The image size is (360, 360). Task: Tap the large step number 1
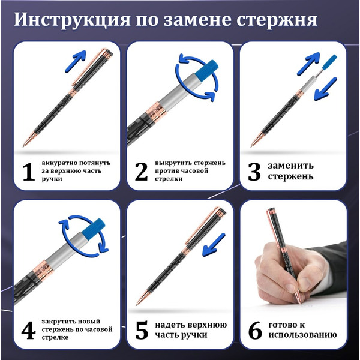click(x=28, y=172)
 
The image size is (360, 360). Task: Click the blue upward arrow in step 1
click(x=75, y=61)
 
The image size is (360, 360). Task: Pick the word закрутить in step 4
click(x=61, y=322)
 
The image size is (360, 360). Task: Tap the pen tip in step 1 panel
click(x=25, y=144)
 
